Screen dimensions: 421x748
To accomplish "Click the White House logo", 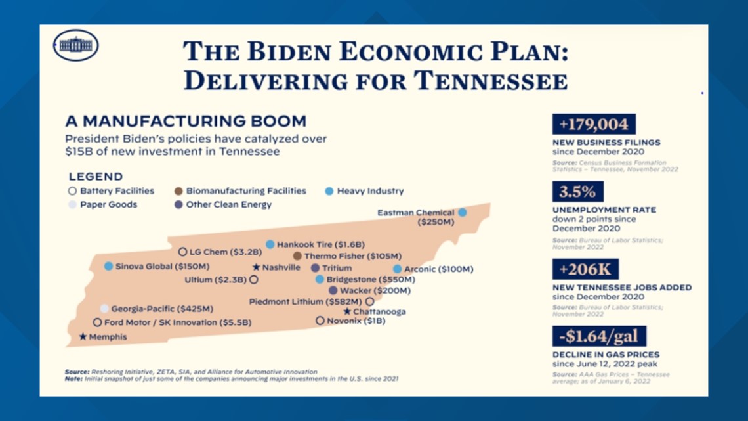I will pyautogui.click(x=76, y=46).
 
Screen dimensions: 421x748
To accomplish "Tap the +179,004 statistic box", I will pyautogui.click(x=594, y=124).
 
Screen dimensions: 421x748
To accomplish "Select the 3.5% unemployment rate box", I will pyautogui.click(x=577, y=192).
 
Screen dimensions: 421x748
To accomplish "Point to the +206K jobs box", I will pyautogui.click(x=585, y=269).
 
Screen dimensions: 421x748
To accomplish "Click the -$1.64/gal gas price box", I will pyautogui.click(x=599, y=336).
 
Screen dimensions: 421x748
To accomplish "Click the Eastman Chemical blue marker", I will pyautogui.click(x=463, y=212).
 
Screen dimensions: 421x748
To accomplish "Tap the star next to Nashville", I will pyautogui.click(x=256, y=267).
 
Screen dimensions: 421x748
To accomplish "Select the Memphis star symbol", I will pyautogui.click(x=83, y=336).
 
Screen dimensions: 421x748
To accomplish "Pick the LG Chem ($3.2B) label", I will pyautogui.click(x=225, y=252).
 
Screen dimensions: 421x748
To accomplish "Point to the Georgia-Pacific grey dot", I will pyautogui.click(x=104, y=308).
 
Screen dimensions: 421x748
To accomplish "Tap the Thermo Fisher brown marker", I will pyautogui.click(x=298, y=255).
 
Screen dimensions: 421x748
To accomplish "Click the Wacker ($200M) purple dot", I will pyautogui.click(x=333, y=290).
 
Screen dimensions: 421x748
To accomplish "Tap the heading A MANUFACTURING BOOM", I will pyautogui.click(x=186, y=121).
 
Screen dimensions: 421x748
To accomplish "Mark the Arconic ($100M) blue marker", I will pyautogui.click(x=397, y=269).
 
